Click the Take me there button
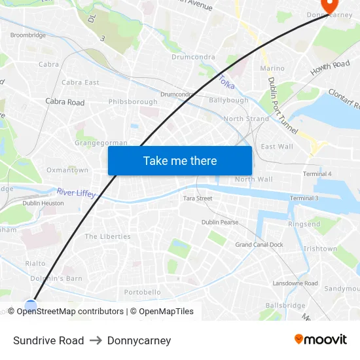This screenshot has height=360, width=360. click(x=180, y=160)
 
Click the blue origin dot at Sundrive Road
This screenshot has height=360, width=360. click(x=31, y=305)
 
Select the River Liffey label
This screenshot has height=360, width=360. click(x=76, y=193)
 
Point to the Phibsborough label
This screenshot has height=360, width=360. click(x=133, y=102)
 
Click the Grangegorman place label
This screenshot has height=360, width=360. click(x=101, y=142)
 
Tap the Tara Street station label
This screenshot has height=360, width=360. click(x=198, y=198)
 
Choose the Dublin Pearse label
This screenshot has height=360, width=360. click(x=220, y=223)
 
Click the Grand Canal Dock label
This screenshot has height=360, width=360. click(x=259, y=245)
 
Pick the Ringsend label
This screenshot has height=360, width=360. click(x=304, y=224)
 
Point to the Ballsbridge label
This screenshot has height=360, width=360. click(x=285, y=306)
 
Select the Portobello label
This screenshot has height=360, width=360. click(x=143, y=292)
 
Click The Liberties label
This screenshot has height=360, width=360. click(x=107, y=236)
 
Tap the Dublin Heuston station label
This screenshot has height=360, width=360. click(x=43, y=204)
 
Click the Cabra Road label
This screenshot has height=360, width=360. click(x=65, y=102)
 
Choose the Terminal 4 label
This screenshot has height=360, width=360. click(x=317, y=173)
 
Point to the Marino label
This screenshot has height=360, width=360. click(x=272, y=68)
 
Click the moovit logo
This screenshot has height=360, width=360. click(x=321, y=340)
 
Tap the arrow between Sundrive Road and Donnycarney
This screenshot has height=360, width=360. click(x=96, y=340)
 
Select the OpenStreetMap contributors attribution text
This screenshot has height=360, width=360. click(x=70, y=312)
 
